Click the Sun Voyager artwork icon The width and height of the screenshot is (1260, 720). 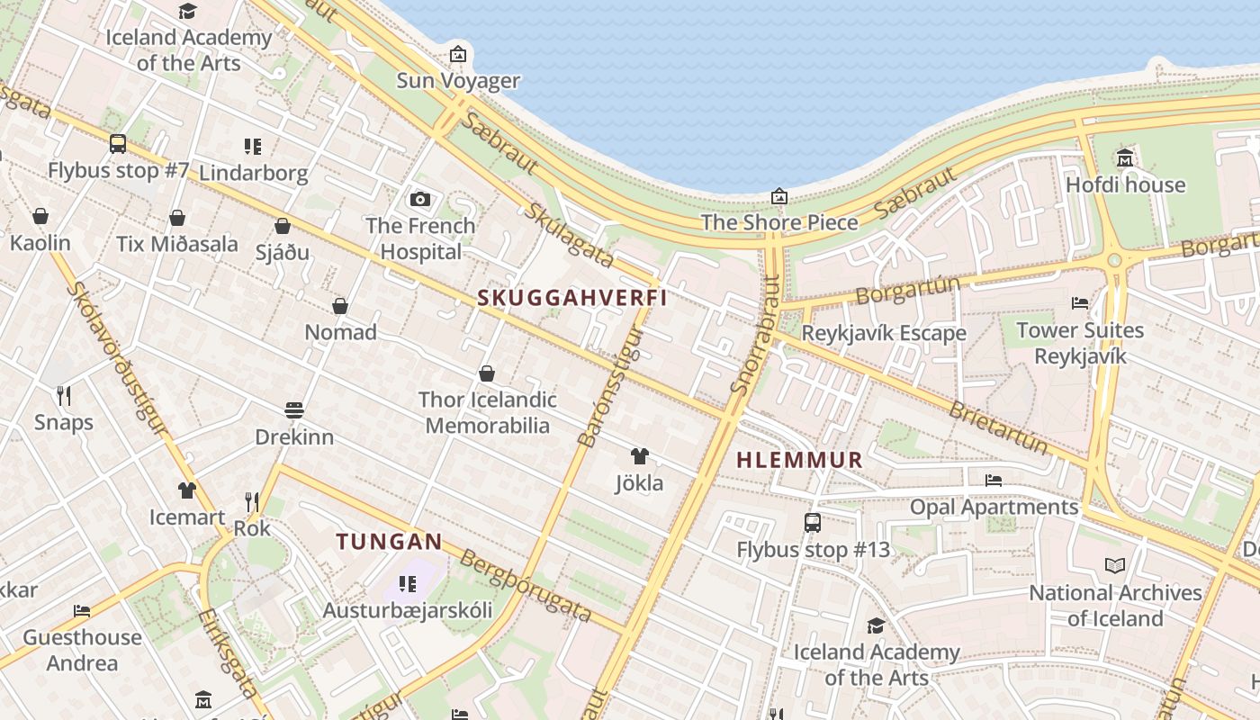tap(458, 55)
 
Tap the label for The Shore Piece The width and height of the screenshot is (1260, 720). tap(779, 222)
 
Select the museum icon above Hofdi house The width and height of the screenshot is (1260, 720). tap(1125, 159)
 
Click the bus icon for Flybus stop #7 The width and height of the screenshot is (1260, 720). tap(118, 144)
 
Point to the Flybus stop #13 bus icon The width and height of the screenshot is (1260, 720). tap(813, 523)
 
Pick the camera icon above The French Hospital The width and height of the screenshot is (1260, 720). tap(419, 199)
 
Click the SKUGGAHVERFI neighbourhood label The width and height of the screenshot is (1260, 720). tap(572, 298)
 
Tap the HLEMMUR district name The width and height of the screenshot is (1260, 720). tap(799, 460)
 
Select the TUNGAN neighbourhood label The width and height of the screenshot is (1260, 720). tap(389, 542)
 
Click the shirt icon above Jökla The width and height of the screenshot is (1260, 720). tap(639, 456)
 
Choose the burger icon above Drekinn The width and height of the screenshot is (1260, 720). tap(293, 410)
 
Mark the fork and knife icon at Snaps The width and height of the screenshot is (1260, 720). tap(64, 395)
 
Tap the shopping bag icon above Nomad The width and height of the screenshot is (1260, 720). tap(340, 306)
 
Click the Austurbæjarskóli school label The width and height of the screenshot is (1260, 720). tap(408, 610)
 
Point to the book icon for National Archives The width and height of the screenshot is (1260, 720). tap(1115, 566)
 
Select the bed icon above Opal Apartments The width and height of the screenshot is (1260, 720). tap(994, 480)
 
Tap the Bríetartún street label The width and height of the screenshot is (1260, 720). tap(999, 427)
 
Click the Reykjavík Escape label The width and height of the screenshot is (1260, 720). tap(883, 333)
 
